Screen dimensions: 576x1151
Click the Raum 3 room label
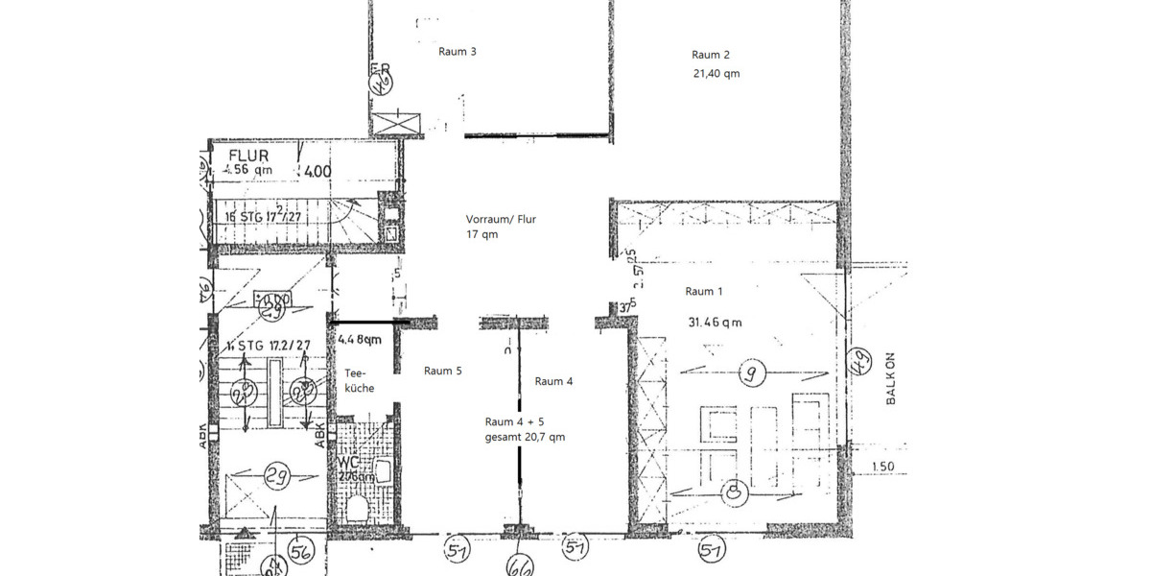coord(458,52)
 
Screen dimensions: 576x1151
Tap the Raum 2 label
coord(712,55)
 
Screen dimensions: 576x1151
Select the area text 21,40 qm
coord(716,74)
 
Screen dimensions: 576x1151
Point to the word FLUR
coord(247,155)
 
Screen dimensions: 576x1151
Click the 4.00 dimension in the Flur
coord(317,172)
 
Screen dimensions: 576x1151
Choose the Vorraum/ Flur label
coord(501,219)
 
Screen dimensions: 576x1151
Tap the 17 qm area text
coord(482,234)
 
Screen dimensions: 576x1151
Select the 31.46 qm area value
coord(715,323)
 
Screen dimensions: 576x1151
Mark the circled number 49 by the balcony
coord(860,363)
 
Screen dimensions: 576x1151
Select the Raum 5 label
coord(443,371)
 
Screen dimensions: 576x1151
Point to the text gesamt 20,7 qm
coord(525,437)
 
